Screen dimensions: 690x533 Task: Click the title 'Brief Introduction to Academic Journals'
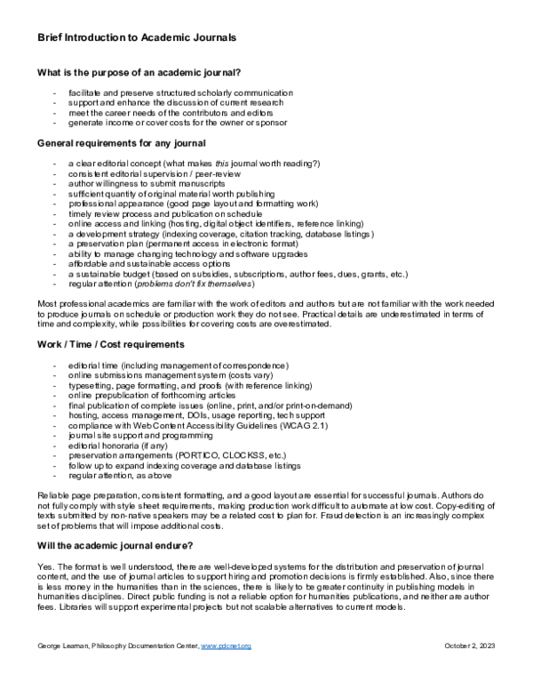137,37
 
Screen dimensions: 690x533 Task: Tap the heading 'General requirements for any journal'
122,143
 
